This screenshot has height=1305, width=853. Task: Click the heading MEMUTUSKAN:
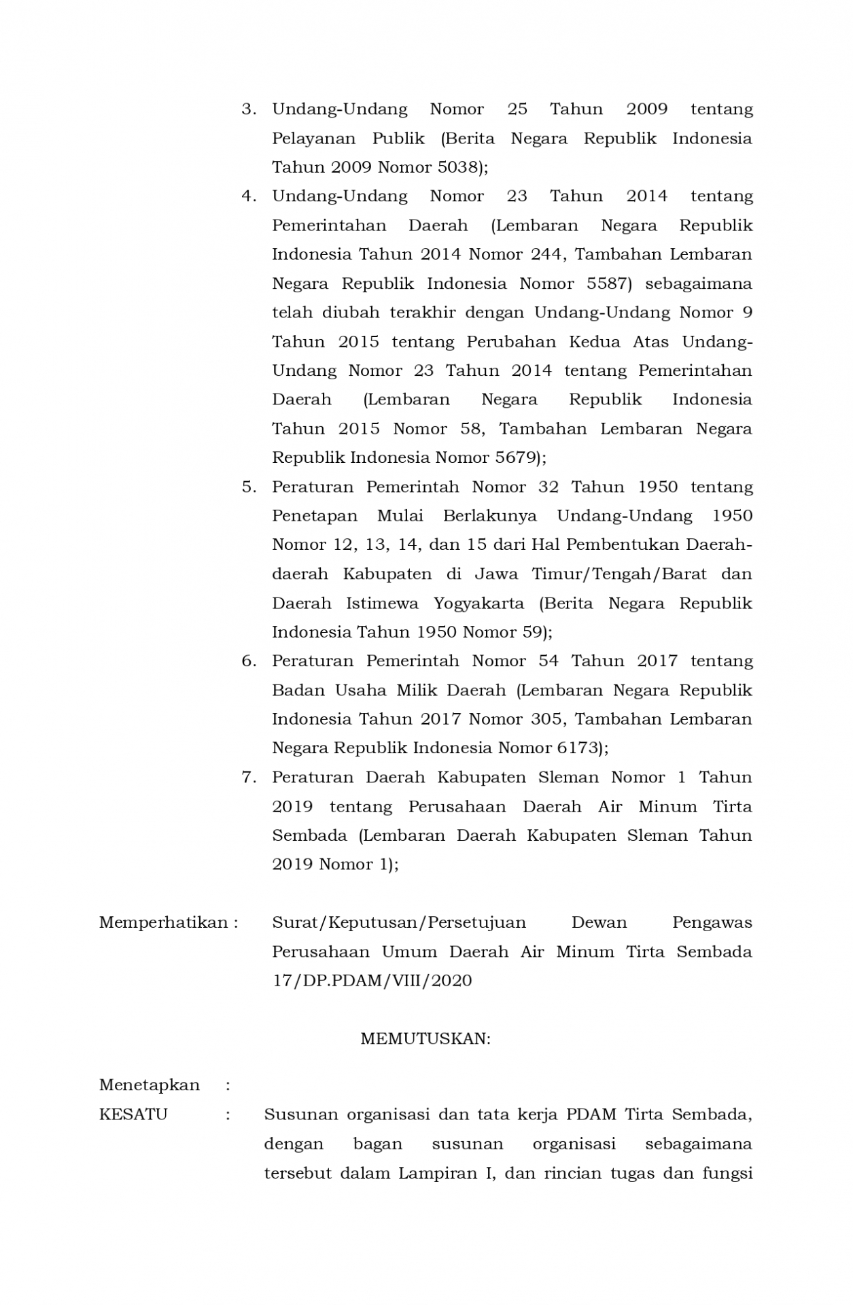pyautogui.click(x=425, y=1039)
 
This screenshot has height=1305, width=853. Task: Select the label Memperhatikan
pyautogui.click(x=163, y=922)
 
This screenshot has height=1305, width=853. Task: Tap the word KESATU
pyautogui.click(x=133, y=1115)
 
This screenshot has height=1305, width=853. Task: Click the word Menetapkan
pyautogui.click(x=150, y=1085)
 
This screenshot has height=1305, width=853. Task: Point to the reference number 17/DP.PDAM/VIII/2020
pyautogui.click(x=372, y=981)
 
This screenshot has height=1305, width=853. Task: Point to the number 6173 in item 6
pyautogui.click(x=578, y=748)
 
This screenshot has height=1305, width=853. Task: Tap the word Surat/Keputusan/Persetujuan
pyautogui.click(x=399, y=922)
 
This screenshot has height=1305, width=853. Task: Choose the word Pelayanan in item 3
pyautogui.click(x=313, y=139)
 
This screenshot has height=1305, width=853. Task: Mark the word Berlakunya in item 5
pyautogui.click(x=489, y=516)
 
